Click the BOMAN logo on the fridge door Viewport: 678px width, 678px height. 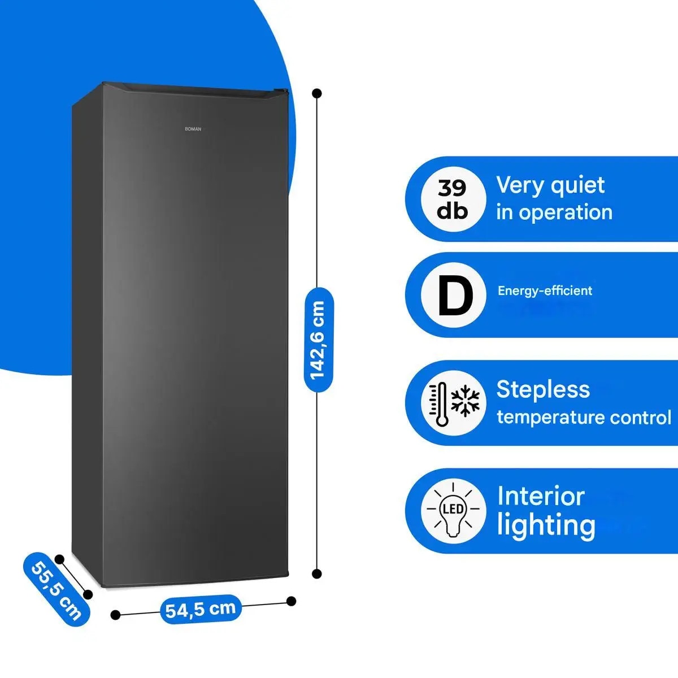(193, 129)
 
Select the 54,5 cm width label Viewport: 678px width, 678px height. (201, 610)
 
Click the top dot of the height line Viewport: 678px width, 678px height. (317, 93)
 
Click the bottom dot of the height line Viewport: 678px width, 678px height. (317, 574)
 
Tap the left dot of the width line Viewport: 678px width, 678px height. (115, 615)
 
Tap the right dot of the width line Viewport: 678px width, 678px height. (292, 601)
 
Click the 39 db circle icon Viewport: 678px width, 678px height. (454, 199)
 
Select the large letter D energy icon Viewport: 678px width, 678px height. (455, 295)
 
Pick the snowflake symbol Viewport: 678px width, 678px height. (465, 401)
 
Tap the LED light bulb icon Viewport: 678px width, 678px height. (453, 510)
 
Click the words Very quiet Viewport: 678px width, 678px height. (550, 186)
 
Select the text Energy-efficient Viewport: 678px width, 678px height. (545, 291)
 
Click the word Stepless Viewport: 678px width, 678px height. (543, 390)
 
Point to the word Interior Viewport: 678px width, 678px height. (541, 497)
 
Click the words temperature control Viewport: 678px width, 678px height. (584, 418)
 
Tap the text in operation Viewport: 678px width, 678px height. (554, 212)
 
